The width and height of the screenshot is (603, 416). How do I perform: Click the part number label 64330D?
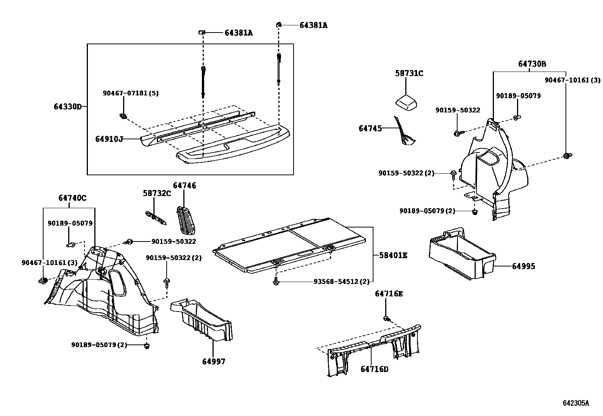coord(67,107)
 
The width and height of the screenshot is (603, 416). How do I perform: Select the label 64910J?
coord(109,139)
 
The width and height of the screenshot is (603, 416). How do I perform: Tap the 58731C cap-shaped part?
coord(406,103)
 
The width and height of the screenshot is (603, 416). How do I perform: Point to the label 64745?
coord(370,129)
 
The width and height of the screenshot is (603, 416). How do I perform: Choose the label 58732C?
coord(157,193)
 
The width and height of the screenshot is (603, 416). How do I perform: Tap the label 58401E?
coord(393,256)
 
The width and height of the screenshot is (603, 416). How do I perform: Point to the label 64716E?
coord(389,294)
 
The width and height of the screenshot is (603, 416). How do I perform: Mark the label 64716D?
coord(374,369)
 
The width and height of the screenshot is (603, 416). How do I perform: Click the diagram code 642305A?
coord(576,403)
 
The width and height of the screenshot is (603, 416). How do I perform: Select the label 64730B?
coord(532,64)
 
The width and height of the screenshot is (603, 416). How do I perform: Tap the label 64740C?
coord(72,198)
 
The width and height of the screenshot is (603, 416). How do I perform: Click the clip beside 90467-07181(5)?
coord(123,116)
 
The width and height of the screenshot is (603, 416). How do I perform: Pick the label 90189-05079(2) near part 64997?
coord(99,345)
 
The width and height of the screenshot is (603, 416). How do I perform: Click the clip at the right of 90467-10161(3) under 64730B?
coord(566,156)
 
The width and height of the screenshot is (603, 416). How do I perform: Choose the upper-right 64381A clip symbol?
coord(278,25)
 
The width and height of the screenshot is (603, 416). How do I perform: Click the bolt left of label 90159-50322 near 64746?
coord(130,241)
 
